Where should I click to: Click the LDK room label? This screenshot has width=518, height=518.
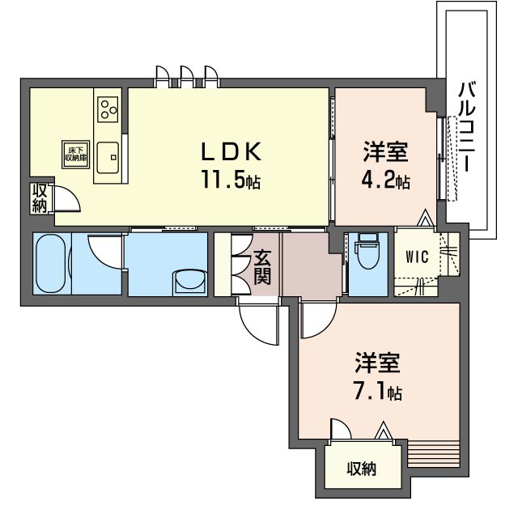click(x=231, y=151)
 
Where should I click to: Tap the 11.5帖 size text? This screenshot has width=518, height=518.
click(x=231, y=180)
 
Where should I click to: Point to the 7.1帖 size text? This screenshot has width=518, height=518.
click(x=378, y=392)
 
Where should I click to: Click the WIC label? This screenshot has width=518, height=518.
click(x=418, y=257)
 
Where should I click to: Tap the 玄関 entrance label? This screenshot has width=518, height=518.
click(x=262, y=268)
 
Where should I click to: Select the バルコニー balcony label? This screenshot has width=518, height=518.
click(x=467, y=128)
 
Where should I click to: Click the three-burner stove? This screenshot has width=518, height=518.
click(x=108, y=109)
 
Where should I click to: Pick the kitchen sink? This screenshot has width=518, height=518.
click(x=108, y=157)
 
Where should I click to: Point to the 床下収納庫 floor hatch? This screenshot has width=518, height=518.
click(x=75, y=155)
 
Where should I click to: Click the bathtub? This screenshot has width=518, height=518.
click(x=50, y=263)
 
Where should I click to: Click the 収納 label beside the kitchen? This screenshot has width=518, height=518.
click(x=40, y=198)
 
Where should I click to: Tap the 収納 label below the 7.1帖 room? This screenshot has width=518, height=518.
click(x=362, y=469)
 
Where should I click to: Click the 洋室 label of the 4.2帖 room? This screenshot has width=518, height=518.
click(x=385, y=151)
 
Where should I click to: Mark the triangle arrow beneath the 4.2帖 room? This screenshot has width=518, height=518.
click(x=424, y=218)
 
